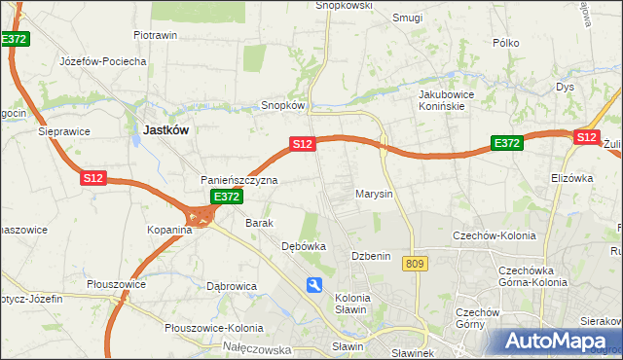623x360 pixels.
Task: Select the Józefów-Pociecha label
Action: tap(103, 61)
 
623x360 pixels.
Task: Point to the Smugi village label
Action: tap(407, 17)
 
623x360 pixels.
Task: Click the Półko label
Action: tap(506, 43)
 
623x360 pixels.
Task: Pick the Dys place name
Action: tap(566, 87)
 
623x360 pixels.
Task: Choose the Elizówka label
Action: tap(571, 178)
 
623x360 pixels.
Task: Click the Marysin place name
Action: tap(374, 194)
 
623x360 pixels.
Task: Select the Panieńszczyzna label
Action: tap(239, 180)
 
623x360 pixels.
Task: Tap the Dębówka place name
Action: tap(303, 246)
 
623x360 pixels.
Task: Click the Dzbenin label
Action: tap(371, 256)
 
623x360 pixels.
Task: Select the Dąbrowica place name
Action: tap(232, 286)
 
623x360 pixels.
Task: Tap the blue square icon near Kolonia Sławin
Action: tap(314, 284)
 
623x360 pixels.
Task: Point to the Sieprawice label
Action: tap(64, 129)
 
